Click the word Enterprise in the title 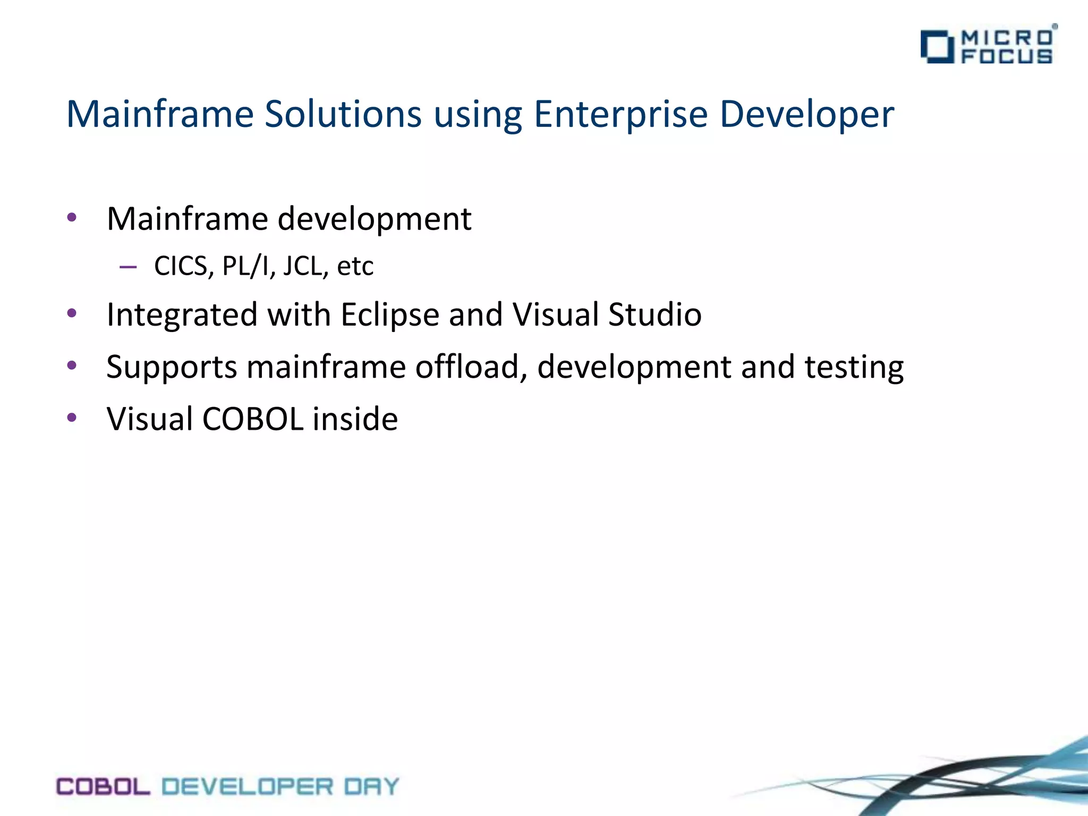point(620,114)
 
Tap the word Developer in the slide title point(806,114)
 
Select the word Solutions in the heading point(343,114)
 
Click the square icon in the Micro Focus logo point(937,47)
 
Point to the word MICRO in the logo point(1007,38)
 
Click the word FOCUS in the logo point(1007,56)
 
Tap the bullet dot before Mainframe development point(72,217)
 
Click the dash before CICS point(128,267)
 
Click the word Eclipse point(389,315)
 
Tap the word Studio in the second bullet point(654,314)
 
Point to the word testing point(854,368)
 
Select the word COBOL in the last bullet point(252,419)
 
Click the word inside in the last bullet point(355,419)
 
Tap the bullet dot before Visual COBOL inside point(72,418)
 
